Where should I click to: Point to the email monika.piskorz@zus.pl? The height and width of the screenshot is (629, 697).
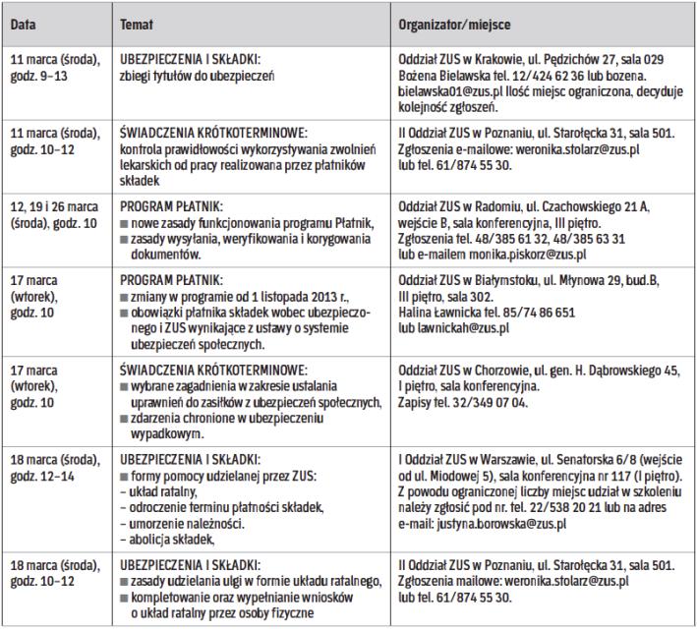tap(530, 254)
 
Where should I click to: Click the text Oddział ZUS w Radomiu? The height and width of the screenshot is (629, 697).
tap(460, 209)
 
